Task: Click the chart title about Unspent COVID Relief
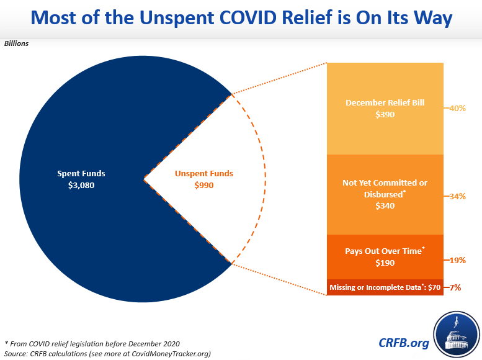[241, 19]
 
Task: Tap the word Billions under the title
[17, 43]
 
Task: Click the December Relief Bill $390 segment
[385, 108]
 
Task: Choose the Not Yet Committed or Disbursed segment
[385, 194]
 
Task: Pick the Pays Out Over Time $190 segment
[385, 257]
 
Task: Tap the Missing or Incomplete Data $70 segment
[385, 287]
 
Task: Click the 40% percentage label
[458, 108]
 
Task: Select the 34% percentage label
[458, 196]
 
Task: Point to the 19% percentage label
[458, 261]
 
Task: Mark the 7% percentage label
[455, 287]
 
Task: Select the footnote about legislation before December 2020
[92, 343]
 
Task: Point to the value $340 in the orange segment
[385, 205]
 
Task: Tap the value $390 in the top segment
[385, 114]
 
